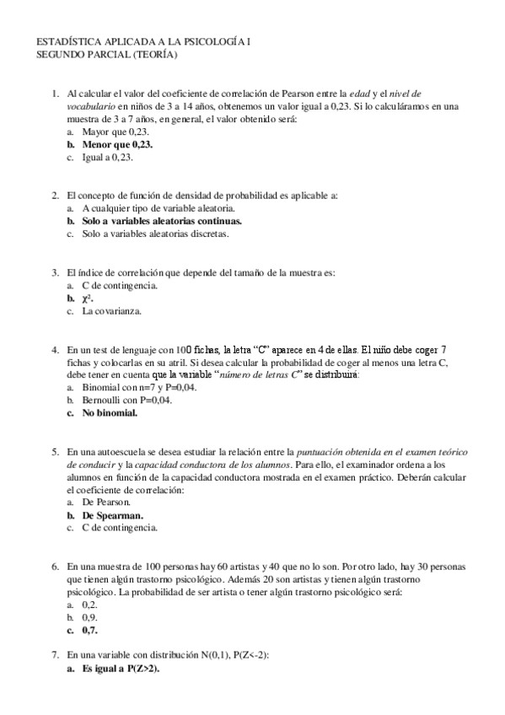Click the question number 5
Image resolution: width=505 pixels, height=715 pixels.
point(55,451)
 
